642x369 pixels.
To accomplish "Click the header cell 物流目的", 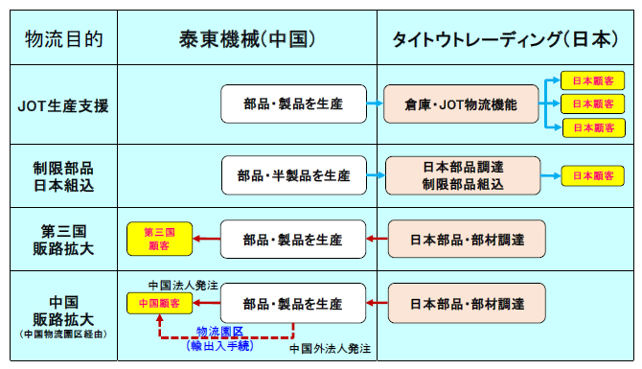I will coord(63,39).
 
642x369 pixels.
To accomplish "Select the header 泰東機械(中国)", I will coord(247,39).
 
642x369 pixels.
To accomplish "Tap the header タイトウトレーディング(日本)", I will coord(504,39).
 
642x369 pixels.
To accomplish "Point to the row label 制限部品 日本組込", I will coord(63,176).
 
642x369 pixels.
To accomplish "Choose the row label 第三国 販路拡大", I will coord(63,238).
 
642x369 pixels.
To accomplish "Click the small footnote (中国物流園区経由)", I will coord(63,334).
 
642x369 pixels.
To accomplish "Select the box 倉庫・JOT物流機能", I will coord(462,104).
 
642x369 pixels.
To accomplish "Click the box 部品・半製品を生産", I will coord(293,176).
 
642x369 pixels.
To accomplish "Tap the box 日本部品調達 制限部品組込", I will coord(462,176).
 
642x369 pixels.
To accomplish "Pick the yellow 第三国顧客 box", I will coord(159,238).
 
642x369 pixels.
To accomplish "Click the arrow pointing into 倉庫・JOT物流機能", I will coord(376,104).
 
